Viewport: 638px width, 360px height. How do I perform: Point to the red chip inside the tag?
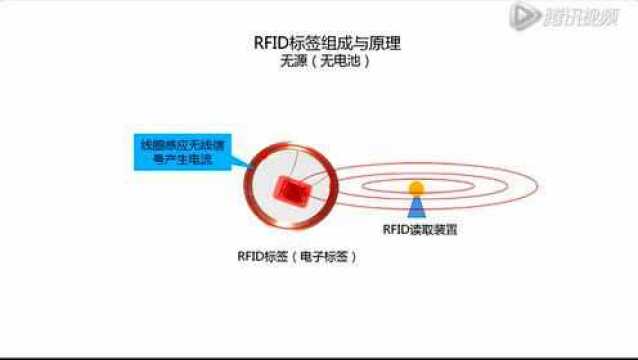tap(294, 188)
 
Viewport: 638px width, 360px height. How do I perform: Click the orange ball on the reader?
tap(416, 187)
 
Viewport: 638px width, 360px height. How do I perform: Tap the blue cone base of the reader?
tap(416, 206)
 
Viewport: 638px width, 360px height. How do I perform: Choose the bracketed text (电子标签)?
tap(324, 256)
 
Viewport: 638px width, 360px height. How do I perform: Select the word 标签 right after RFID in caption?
tap(275, 256)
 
